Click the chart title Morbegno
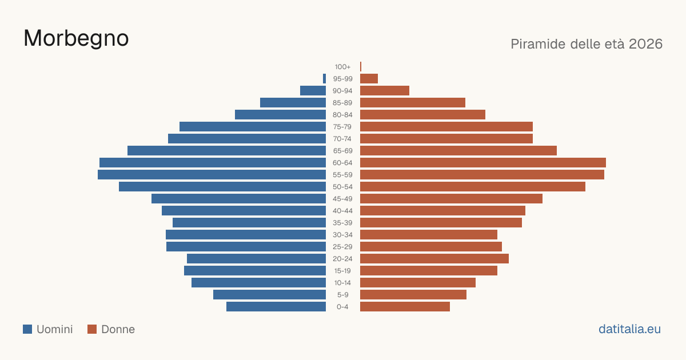[76, 39]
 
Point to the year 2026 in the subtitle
[645, 44]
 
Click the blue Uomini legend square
[27, 329]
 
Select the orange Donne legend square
[92, 329]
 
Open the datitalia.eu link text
[629, 329]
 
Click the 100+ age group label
[342, 67]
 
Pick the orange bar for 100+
[361, 66]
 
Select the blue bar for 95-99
[324, 79]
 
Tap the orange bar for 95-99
[369, 79]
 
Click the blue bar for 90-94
[313, 91]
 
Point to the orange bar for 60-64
[483, 162]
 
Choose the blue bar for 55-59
[212, 174]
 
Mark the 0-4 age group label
[342, 307]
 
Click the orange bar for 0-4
[405, 307]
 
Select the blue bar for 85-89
[293, 102]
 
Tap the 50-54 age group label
[342, 187]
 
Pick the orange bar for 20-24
[434, 259]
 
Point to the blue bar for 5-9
[269, 294]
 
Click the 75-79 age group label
[342, 127]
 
